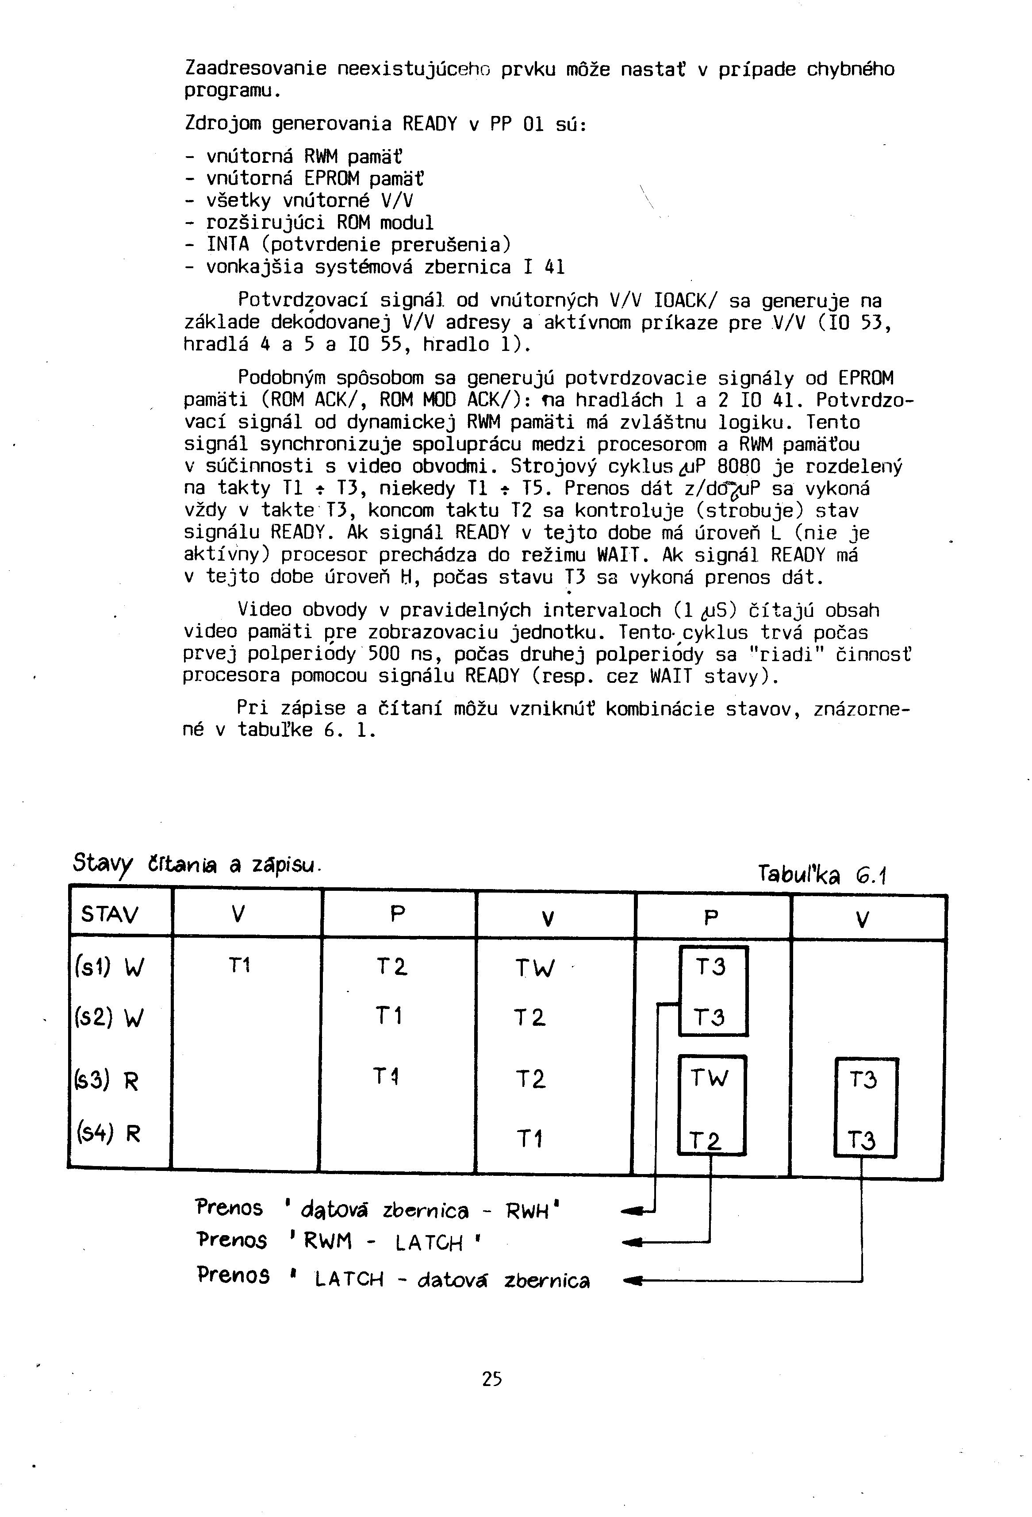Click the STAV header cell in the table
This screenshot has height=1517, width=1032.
tap(110, 914)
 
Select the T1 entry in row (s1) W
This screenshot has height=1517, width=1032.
tap(239, 965)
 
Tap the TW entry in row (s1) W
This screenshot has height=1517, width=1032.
tap(535, 967)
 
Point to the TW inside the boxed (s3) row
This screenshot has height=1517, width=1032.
tap(709, 1078)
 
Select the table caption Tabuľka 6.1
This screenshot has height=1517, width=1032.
tap(822, 874)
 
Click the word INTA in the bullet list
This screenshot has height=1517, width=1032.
tap(228, 244)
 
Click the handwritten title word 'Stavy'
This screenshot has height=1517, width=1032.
tap(103, 863)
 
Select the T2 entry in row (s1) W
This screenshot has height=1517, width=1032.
tap(391, 966)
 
